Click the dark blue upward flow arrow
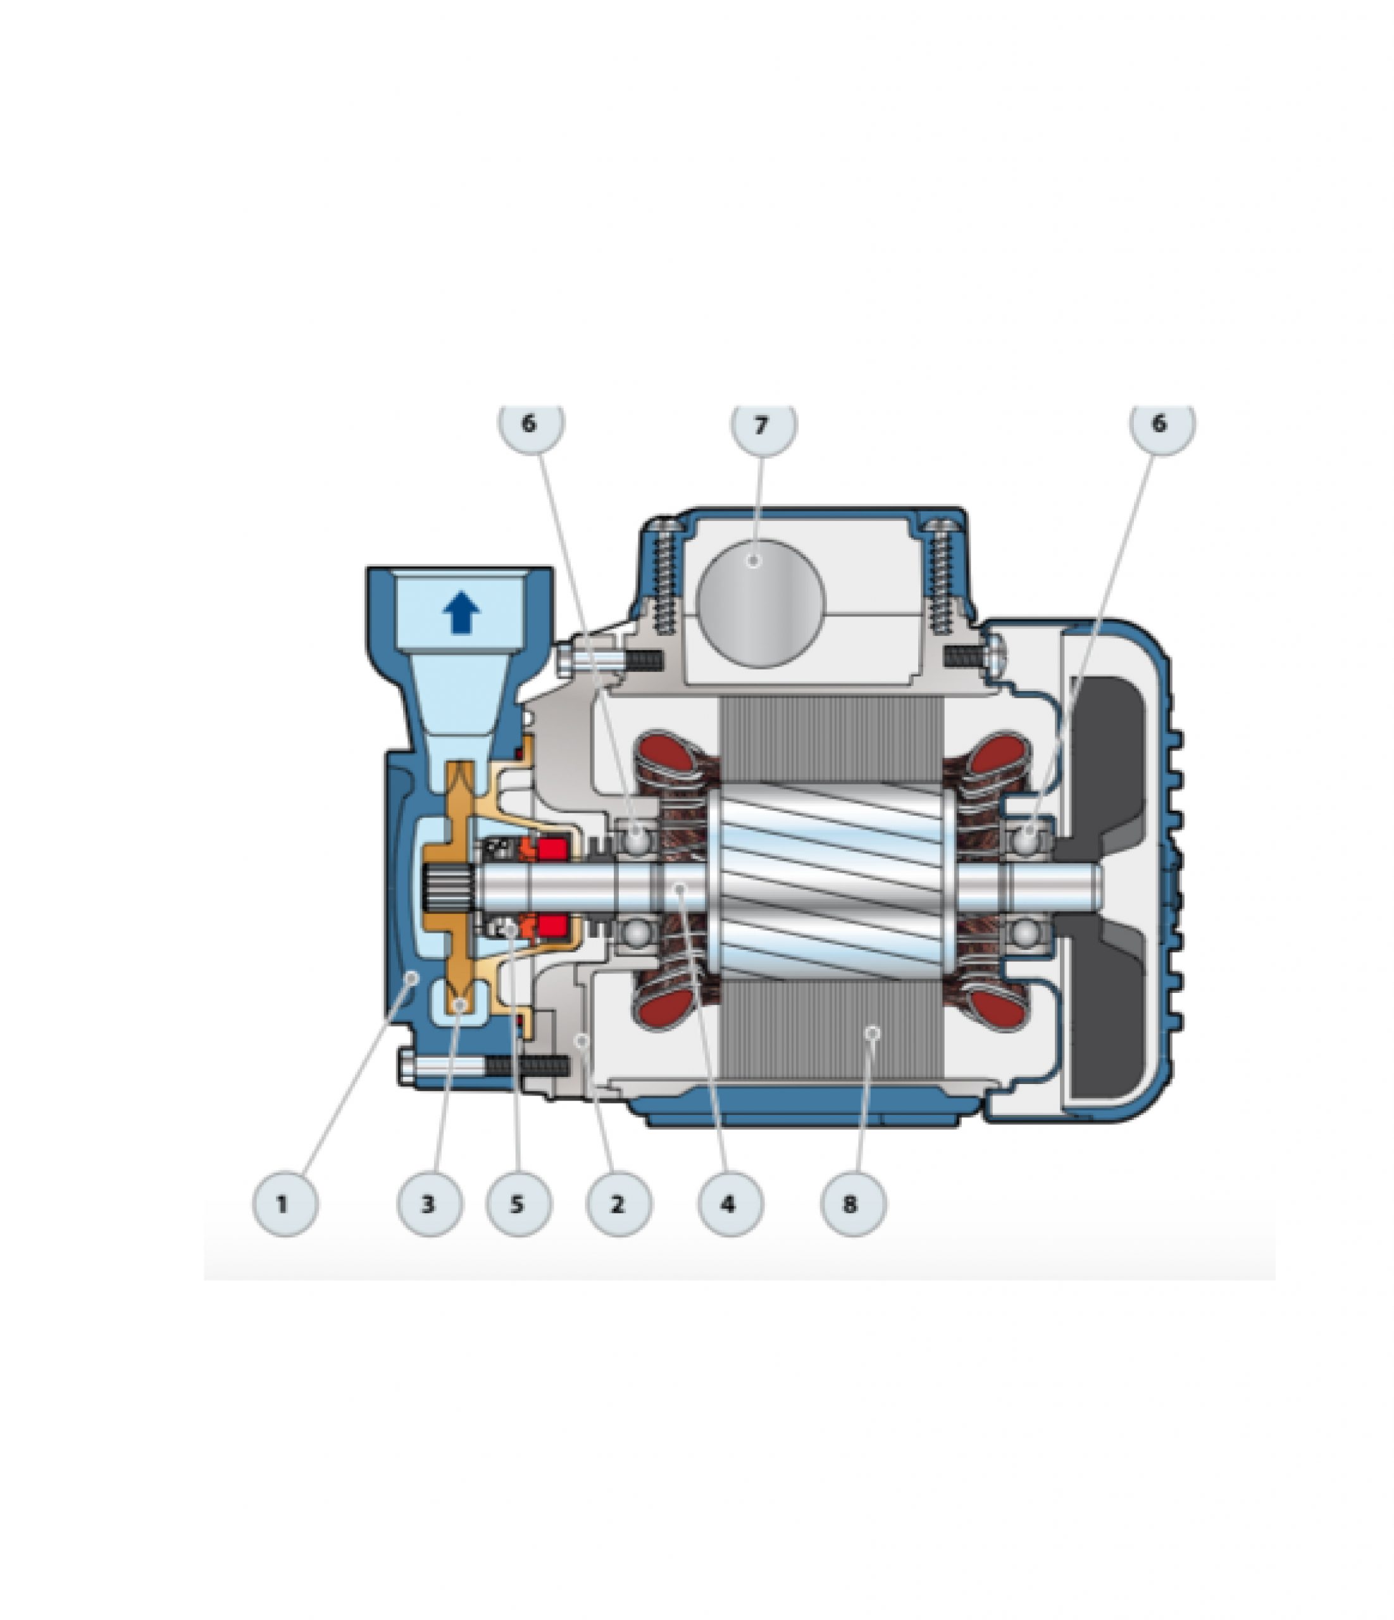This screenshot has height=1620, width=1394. click(x=461, y=612)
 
